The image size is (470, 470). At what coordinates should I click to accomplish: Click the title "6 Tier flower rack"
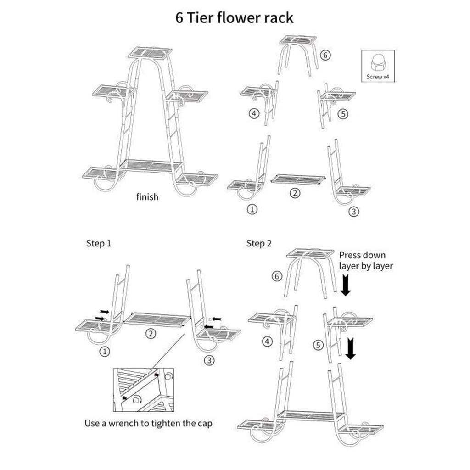235,18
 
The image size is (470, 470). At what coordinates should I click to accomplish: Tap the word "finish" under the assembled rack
147,197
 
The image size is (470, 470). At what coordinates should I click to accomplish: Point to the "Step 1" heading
98,243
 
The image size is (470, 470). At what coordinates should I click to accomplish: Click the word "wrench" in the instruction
125,423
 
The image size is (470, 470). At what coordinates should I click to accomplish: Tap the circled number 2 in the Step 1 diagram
150,334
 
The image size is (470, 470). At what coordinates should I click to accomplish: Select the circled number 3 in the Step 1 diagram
209,361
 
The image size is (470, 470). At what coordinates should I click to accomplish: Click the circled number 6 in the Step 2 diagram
276,276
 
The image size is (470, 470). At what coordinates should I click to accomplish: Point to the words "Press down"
362,255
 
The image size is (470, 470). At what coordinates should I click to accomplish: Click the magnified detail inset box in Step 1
144,389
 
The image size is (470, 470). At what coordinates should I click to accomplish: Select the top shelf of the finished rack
150,53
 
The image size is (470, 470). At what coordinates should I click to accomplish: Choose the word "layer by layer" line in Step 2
366,266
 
